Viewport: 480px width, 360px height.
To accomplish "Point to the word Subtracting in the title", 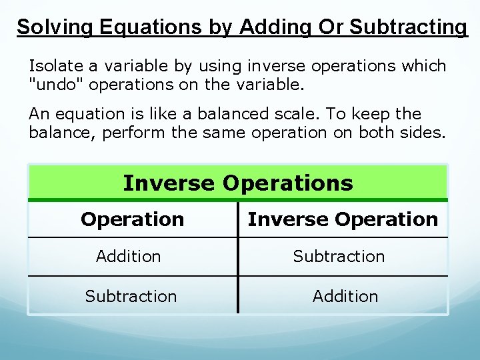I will [x=409, y=27].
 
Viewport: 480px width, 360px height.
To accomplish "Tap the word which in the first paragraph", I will [x=423, y=66].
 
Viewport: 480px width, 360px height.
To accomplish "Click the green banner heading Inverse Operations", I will [x=238, y=183].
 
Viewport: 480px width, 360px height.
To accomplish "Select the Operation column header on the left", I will [x=132, y=219].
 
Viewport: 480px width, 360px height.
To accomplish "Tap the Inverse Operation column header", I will [x=343, y=219].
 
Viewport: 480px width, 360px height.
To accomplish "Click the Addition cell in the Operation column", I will [x=129, y=256].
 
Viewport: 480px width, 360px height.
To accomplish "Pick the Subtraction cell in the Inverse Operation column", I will [x=339, y=256].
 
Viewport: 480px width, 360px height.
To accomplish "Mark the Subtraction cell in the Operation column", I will [x=131, y=296].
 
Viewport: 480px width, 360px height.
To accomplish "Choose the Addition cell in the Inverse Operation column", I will [x=345, y=296].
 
